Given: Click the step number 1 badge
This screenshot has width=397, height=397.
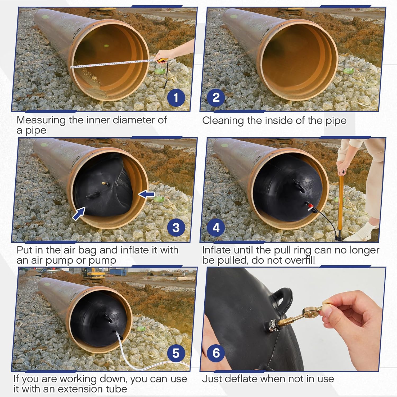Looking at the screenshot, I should (176, 98).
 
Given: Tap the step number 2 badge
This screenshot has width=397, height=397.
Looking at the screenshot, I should (216, 98).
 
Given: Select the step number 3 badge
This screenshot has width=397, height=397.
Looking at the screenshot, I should (176, 228).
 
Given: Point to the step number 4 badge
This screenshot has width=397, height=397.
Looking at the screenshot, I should (216, 228).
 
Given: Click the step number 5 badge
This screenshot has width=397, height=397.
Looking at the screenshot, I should (176, 353).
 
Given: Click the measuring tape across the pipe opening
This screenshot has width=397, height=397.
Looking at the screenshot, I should (111, 64).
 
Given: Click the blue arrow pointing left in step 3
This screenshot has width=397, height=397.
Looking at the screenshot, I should (147, 195).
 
